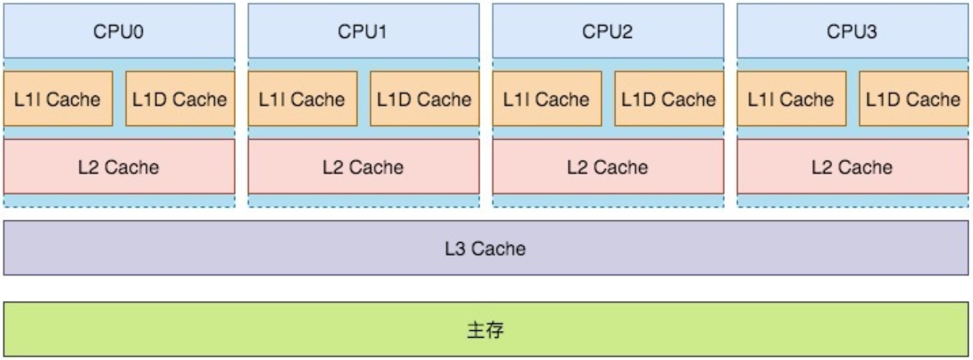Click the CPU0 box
point(119,31)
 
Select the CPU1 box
point(363,31)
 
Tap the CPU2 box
point(608,31)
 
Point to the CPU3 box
point(852,31)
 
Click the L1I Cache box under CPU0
point(58,99)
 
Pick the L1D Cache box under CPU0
point(180,99)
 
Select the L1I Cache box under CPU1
point(302,99)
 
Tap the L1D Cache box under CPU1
point(424,99)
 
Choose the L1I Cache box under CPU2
point(547,99)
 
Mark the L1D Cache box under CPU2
point(669,99)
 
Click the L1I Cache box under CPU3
point(791,99)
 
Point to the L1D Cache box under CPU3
point(913,99)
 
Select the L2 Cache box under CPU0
point(119,166)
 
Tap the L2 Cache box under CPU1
point(363,166)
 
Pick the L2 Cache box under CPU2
point(608,166)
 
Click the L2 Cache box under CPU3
point(852,166)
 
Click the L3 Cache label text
point(485,248)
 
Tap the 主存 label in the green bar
point(485,330)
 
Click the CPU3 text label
point(852,32)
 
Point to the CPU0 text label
point(119,32)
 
